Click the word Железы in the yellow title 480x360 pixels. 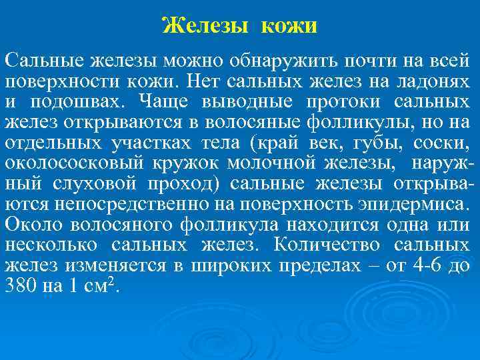pyautogui.click(x=204, y=27)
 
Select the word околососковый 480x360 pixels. pyautogui.click(x=59, y=164)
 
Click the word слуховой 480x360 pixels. pyautogui.click(x=107, y=184)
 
